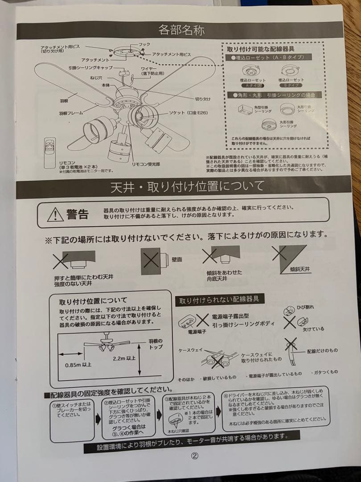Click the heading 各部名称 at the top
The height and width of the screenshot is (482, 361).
(181, 30)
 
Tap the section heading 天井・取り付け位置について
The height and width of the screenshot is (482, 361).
(187, 187)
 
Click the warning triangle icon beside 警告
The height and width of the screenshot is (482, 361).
(55, 215)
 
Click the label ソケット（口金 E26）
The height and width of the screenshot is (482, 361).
(185, 113)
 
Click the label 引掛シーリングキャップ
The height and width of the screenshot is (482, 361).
(90, 68)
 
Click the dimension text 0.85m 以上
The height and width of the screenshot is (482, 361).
(78, 365)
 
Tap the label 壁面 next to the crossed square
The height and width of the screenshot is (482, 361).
(177, 259)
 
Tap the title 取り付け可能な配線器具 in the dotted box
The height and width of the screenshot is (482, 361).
(257, 50)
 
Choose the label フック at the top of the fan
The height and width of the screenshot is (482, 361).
(144, 45)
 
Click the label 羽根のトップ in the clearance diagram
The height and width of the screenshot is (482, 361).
(156, 344)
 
